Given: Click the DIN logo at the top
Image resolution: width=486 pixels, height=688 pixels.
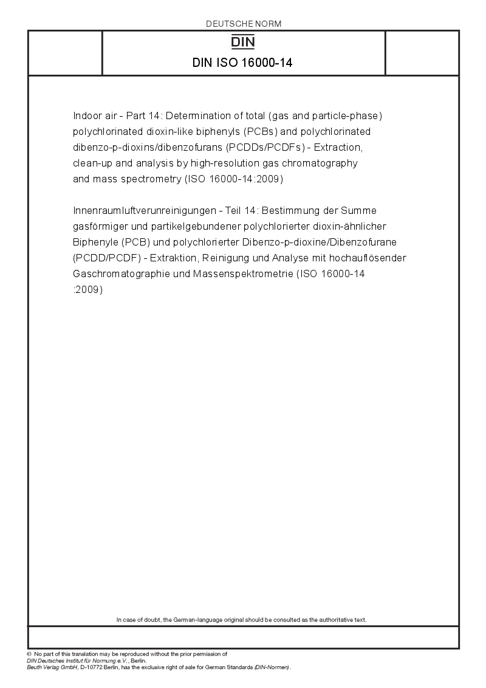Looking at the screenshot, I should (243, 42).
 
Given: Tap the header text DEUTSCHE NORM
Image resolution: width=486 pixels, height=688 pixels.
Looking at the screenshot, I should (243, 24).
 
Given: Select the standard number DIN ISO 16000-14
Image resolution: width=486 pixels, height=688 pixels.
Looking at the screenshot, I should (243, 62).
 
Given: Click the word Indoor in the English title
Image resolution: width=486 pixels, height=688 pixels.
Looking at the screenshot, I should (86, 115).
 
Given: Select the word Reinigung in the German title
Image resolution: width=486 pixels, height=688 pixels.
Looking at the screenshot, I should (244, 258).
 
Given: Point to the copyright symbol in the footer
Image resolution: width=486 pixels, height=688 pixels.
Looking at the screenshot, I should (29, 654).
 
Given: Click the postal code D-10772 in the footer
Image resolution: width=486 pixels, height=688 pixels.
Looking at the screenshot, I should (84, 667).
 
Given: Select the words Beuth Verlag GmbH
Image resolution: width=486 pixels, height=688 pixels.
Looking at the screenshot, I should (50, 667).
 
